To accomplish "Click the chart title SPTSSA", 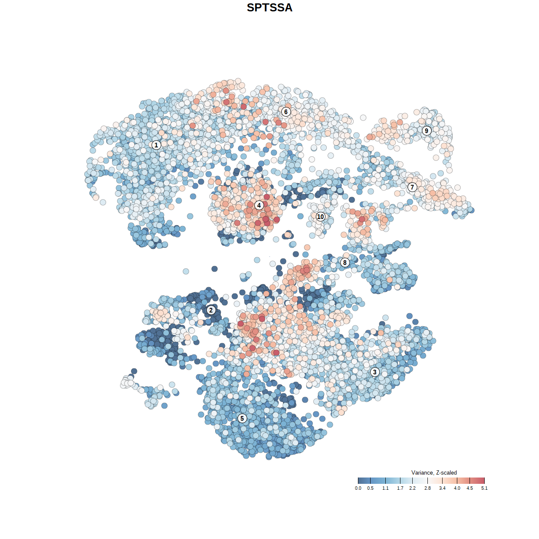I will [269, 8].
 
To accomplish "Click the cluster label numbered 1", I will [156, 145].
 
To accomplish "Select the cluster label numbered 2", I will [211, 310].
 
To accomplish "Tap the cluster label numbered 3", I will [375, 372].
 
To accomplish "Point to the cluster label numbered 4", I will [259, 205].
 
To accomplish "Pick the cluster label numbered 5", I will [242, 418].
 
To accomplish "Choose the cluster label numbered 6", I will [286, 112].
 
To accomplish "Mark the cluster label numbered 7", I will [412, 187].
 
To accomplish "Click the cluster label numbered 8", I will [345, 263].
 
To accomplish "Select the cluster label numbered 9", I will [427, 131].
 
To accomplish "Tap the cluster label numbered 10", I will [320, 217].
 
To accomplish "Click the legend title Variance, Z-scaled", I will [434, 472].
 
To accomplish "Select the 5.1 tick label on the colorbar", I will [484, 488].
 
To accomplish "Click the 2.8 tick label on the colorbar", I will [427, 488].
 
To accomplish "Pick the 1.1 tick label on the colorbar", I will [385, 488].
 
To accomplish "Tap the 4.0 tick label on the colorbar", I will [457, 488].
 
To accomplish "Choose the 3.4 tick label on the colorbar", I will [442, 488].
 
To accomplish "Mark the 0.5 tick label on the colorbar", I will [370, 488].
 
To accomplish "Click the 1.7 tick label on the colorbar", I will [400, 488].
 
